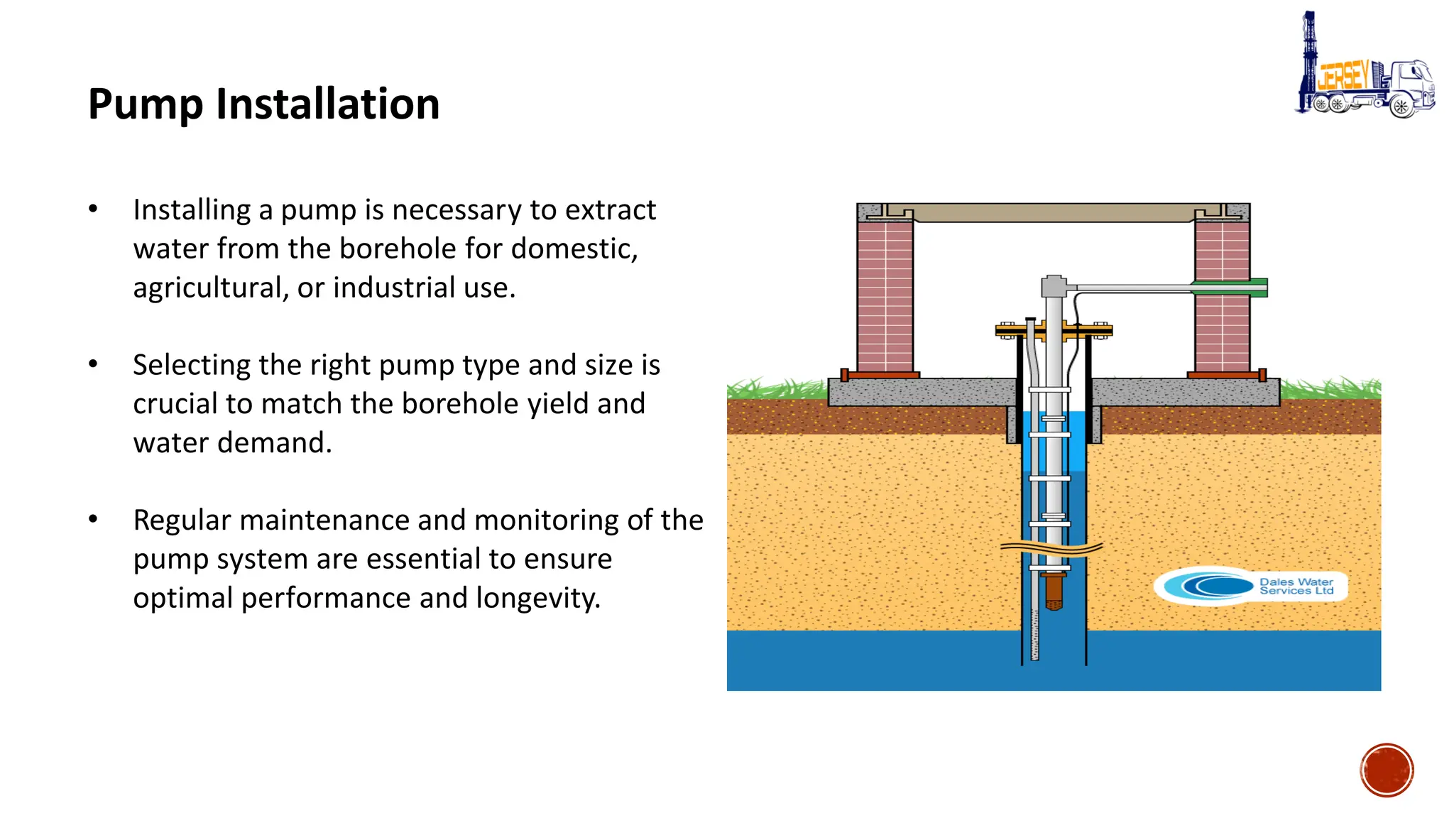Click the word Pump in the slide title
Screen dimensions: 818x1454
[146, 105]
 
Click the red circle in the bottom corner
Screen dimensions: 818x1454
[1387, 770]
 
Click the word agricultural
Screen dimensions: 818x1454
[210, 288]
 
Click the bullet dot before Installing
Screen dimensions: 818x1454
[93, 209]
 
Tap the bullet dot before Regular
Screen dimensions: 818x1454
[93, 519]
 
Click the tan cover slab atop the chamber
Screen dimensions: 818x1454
[1054, 212]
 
